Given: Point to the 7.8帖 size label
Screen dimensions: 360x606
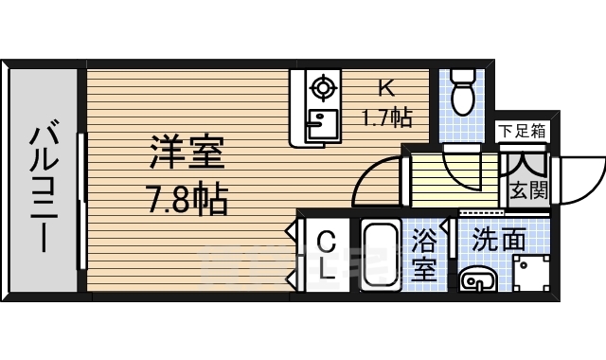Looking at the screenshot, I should [x=187, y=199].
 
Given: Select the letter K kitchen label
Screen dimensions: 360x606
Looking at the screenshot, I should [x=385, y=89].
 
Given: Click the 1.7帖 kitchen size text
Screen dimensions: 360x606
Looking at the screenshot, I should [x=385, y=118].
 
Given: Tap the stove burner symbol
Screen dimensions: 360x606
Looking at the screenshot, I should [x=324, y=89].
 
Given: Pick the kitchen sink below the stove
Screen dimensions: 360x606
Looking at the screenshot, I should [x=322, y=124].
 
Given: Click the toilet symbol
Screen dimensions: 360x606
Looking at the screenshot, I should [x=463, y=93].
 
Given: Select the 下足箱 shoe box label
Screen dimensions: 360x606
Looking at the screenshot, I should [x=522, y=131].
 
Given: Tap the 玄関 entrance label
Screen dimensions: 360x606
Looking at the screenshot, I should [x=527, y=189].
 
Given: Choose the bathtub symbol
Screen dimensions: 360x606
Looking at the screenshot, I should [x=382, y=256].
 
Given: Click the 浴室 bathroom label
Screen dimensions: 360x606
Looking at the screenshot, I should [x=425, y=256].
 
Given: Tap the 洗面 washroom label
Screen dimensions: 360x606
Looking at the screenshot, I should [x=498, y=240].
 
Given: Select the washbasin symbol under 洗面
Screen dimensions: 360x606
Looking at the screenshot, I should [x=475, y=279].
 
